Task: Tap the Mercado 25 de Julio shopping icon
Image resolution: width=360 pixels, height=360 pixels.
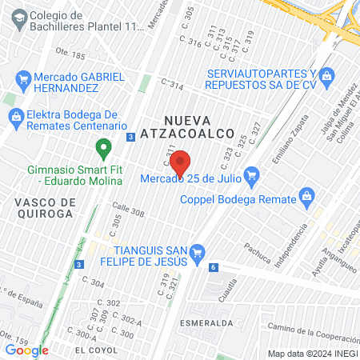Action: tap(252, 174)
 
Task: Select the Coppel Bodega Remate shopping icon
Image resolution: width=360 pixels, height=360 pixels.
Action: tap(306, 194)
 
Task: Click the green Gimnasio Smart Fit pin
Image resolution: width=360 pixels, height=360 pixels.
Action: tap(102, 147)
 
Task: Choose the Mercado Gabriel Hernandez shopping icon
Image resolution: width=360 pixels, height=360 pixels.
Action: tap(22, 79)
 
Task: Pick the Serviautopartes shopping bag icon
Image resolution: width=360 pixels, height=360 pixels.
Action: tap(326, 76)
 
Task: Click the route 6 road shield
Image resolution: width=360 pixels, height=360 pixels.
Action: tap(214, 267)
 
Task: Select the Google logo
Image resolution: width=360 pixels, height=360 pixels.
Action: tap(26, 350)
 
